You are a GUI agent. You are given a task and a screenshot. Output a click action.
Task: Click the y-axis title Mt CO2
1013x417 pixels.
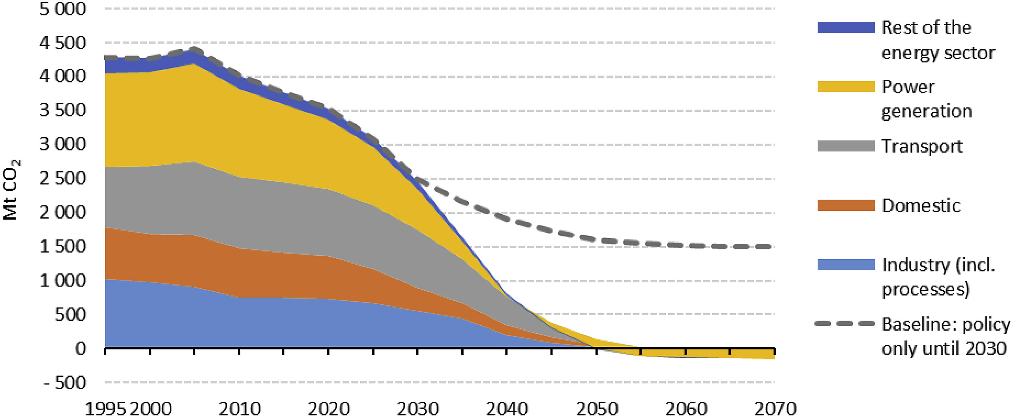click(x=11, y=190)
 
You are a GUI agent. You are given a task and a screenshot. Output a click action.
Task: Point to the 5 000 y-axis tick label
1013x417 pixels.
click(x=62, y=9)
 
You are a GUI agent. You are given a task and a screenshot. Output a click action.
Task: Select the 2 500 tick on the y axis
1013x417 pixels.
click(x=62, y=178)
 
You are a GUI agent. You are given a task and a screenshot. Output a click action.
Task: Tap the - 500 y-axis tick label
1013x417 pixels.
click(x=65, y=382)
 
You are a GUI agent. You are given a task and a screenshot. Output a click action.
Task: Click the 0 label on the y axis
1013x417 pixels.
click(x=81, y=348)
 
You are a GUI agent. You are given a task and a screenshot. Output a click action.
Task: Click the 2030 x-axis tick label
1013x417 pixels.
click(x=418, y=409)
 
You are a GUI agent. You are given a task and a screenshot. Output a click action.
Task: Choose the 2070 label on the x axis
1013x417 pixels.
click(x=775, y=409)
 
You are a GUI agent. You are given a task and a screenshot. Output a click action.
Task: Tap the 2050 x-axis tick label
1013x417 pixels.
click(x=596, y=409)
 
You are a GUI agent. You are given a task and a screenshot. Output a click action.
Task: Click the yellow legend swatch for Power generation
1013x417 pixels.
click(x=845, y=86)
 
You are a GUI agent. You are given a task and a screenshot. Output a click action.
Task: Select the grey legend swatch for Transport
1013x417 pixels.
click(x=845, y=146)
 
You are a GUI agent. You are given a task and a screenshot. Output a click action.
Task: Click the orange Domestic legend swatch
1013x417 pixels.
click(x=845, y=205)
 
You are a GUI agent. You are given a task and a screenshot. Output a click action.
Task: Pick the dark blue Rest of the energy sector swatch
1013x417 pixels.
click(x=845, y=27)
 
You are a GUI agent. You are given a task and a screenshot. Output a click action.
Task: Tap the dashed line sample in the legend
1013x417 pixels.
click(x=844, y=324)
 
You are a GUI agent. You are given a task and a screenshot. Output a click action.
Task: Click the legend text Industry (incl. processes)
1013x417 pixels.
click(x=938, y=277)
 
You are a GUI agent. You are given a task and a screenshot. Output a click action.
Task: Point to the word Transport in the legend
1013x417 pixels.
click(x=921, y=146)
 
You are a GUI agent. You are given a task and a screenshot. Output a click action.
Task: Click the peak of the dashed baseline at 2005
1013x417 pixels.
click(x=194, y=50)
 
